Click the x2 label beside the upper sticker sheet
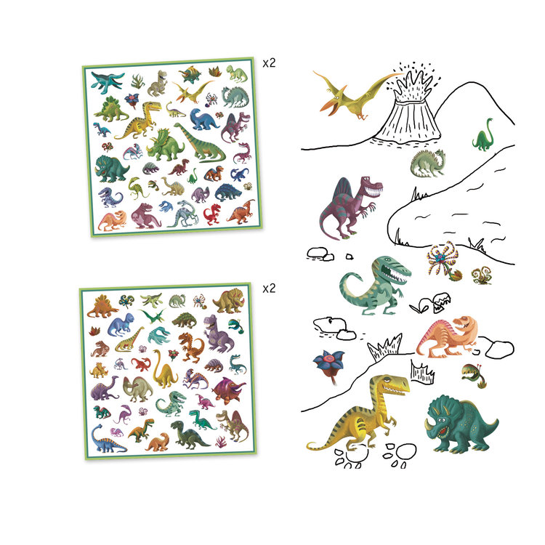coord(269,62)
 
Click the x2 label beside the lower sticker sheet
coord(269,288)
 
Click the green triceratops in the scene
coord(459,421)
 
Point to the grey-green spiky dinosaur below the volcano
coord(429,163)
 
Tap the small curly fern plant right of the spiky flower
coord(480,275)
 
